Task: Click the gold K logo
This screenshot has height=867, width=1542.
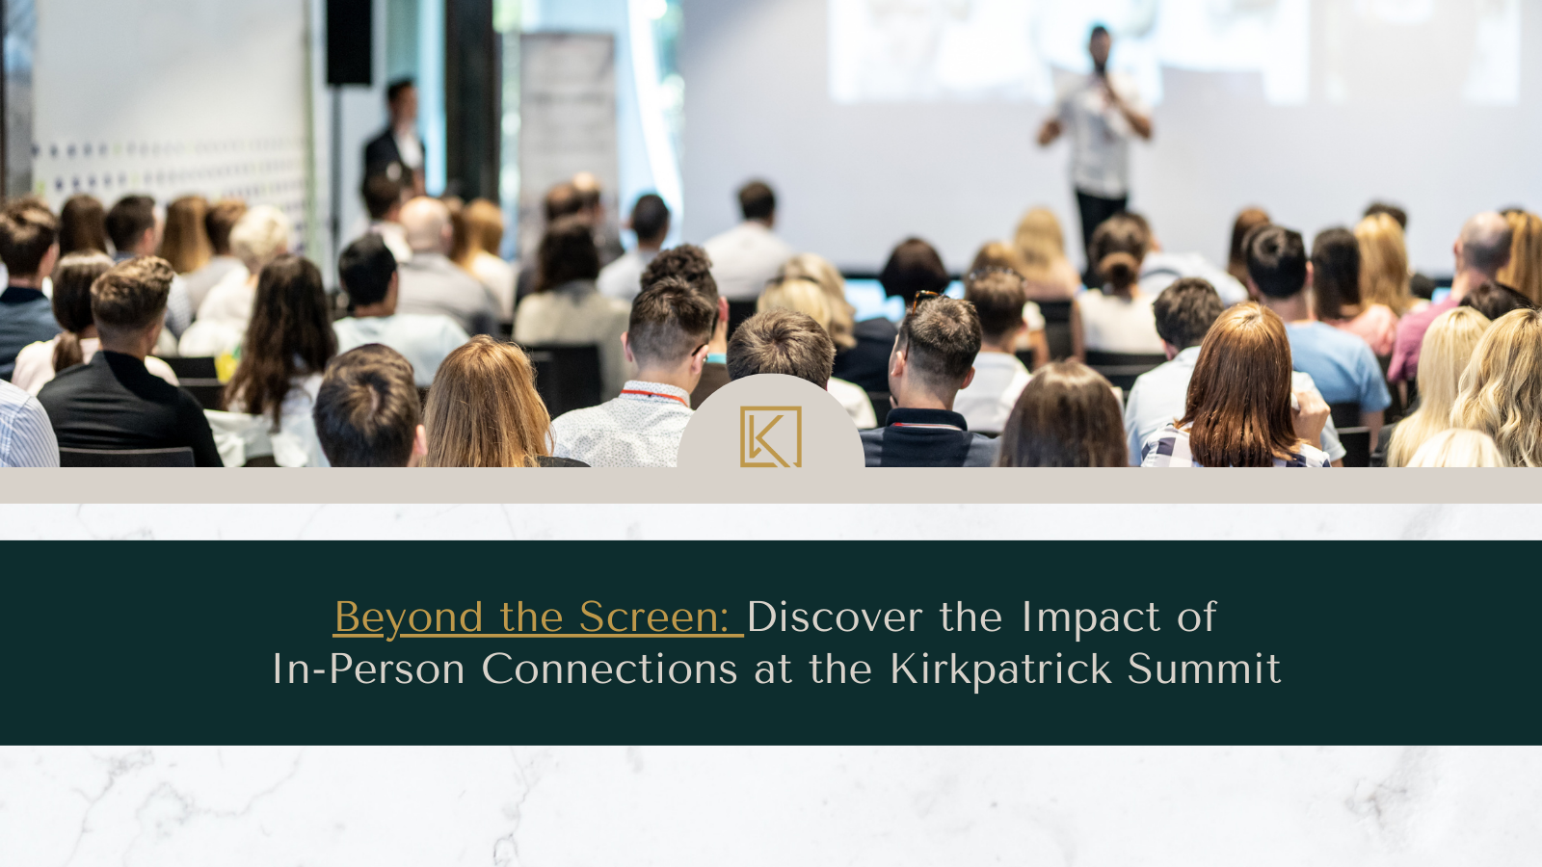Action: [770, 437]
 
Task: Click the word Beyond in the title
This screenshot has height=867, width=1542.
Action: [409, 617]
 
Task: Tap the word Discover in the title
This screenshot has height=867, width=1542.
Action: [835, 617]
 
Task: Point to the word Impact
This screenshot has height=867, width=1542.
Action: [1091, 617]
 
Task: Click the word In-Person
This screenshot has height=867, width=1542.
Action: [369, 669]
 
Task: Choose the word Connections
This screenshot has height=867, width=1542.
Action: [610, 669]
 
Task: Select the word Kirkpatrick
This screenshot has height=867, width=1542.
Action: [1001, 669]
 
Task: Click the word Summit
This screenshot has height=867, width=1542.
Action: [1204, 669]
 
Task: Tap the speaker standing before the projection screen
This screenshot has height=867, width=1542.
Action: [1098, 138]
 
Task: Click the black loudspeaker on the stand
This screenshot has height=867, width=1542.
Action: [349, 42]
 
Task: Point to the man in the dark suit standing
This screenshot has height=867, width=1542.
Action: [394, 138]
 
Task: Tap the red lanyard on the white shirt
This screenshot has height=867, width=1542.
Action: [653, 396]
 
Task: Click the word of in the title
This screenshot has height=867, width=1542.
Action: [1197, 617]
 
